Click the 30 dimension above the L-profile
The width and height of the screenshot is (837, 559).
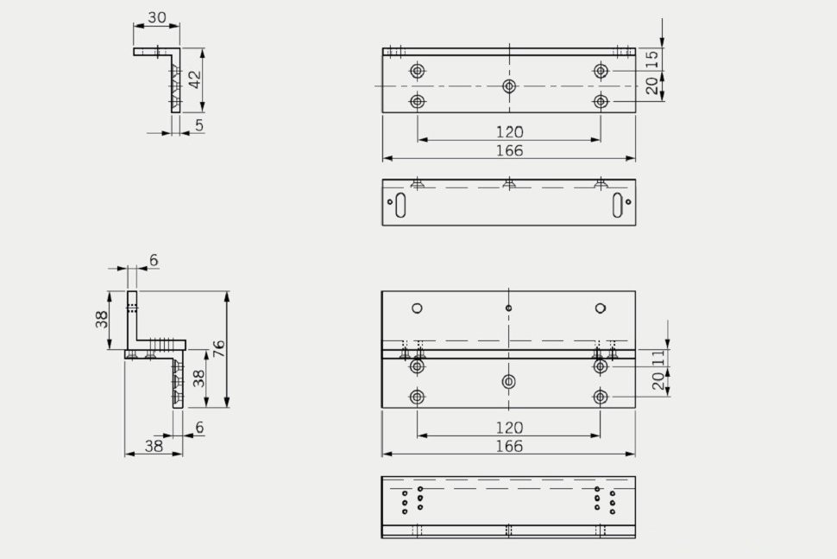[x=156, y=17]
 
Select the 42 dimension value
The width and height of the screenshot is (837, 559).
[x=196, y=79]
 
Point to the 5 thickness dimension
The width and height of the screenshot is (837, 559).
[x=199, y=125]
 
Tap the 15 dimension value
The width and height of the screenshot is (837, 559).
[x=652, y=59]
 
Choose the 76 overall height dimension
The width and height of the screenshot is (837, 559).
[x=219, y=349]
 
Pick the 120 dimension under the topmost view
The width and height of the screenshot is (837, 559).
[x=509, y=132]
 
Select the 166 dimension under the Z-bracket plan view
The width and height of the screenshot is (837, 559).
[x=509, y=447]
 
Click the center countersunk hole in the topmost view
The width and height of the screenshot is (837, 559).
[x=509, y=86]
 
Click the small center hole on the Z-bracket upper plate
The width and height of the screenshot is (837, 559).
[x=509, y=308]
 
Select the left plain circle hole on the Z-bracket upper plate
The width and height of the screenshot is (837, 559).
[x=418, y=308]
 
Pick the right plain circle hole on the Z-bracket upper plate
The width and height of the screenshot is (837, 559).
[x=601, y=308]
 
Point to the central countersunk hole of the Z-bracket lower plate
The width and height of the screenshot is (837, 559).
[x=509, y=381]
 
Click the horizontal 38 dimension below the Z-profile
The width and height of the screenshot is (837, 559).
[x=154, y=446]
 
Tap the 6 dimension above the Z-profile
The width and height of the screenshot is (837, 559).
[x=154, y=260]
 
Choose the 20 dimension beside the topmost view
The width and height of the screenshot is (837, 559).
[x=652, y=85]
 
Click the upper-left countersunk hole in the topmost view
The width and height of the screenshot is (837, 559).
[x=418, y=70]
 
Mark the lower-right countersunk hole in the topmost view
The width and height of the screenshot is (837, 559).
[x=601, y=102]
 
